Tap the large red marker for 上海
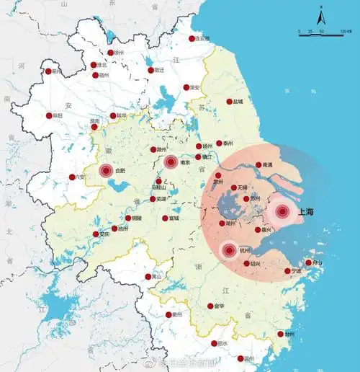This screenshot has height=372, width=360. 282,212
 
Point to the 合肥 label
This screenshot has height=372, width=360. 120,171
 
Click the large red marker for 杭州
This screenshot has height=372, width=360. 229,251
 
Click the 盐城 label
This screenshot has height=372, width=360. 238,102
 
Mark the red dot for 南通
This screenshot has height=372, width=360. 258,165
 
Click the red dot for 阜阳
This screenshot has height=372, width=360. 50,116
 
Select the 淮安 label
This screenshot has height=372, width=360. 195,88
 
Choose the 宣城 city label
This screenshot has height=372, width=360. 174,218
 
